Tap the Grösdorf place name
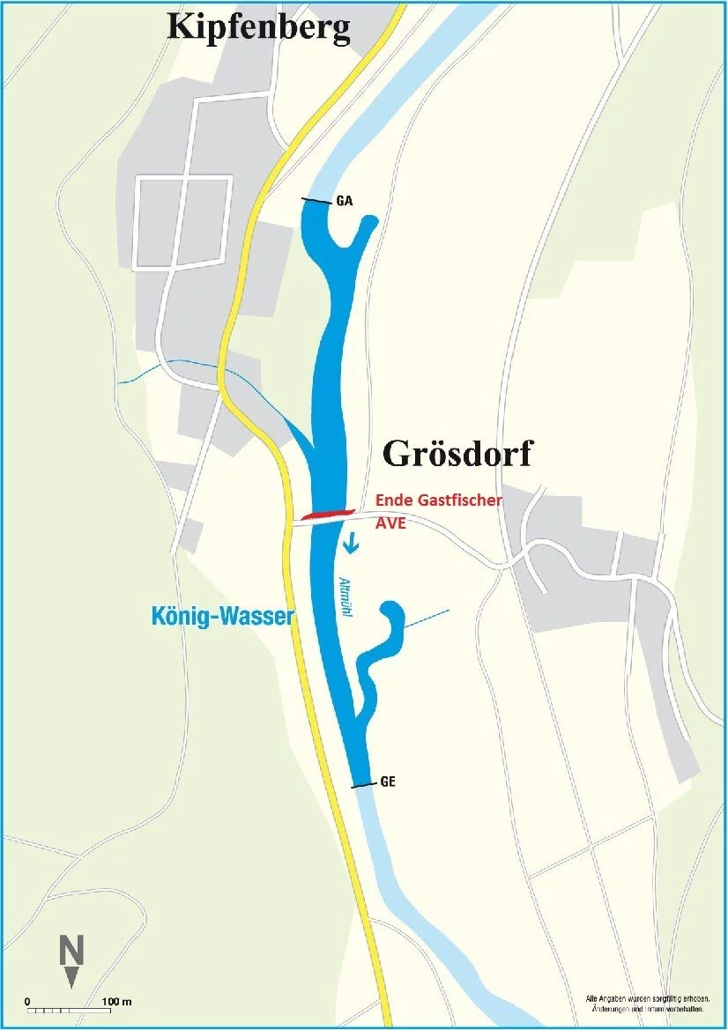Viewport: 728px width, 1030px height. click(457, 455)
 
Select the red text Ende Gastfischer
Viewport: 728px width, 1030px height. click(439, 500)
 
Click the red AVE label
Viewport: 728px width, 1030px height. click(393, 522)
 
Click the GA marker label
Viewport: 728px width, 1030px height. click(345, 202)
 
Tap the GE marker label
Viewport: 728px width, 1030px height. click(388, 782)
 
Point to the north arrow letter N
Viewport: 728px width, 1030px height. click(71, 951)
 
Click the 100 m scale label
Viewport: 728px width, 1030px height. click(115, 1002)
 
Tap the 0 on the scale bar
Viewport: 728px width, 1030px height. click(27, 1002)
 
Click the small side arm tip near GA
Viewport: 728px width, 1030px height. click(370, 221)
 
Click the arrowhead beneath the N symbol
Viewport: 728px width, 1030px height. click(71, 977)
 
